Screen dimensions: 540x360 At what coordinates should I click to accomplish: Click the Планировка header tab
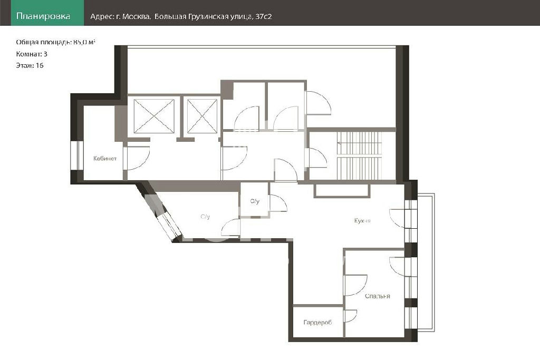(43, 16)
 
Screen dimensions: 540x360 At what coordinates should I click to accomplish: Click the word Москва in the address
(136, 16)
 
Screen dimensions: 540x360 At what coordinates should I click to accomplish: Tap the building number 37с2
(264, 16)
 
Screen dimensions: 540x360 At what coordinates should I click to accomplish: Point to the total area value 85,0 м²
(84, 42)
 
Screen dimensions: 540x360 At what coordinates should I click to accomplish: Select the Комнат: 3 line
(32, 54)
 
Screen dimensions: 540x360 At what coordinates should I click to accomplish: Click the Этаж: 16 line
(30, 65)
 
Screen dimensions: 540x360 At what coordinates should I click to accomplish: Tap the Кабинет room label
(105, 159)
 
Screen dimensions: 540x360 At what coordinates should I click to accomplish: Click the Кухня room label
(362, 221)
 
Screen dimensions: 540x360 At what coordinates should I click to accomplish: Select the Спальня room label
(378, 296)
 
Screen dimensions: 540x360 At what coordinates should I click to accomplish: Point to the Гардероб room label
(317, 323)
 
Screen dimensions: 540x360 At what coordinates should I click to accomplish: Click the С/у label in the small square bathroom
(255, 201)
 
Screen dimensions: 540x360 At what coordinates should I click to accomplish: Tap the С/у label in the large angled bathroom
(205, 217)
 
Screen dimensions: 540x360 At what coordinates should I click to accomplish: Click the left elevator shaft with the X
(154, 116)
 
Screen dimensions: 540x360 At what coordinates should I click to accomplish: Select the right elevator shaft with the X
(202, 116)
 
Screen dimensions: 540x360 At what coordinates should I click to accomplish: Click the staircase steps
(359, 155)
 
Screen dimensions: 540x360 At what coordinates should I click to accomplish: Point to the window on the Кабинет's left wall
(77, 155)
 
